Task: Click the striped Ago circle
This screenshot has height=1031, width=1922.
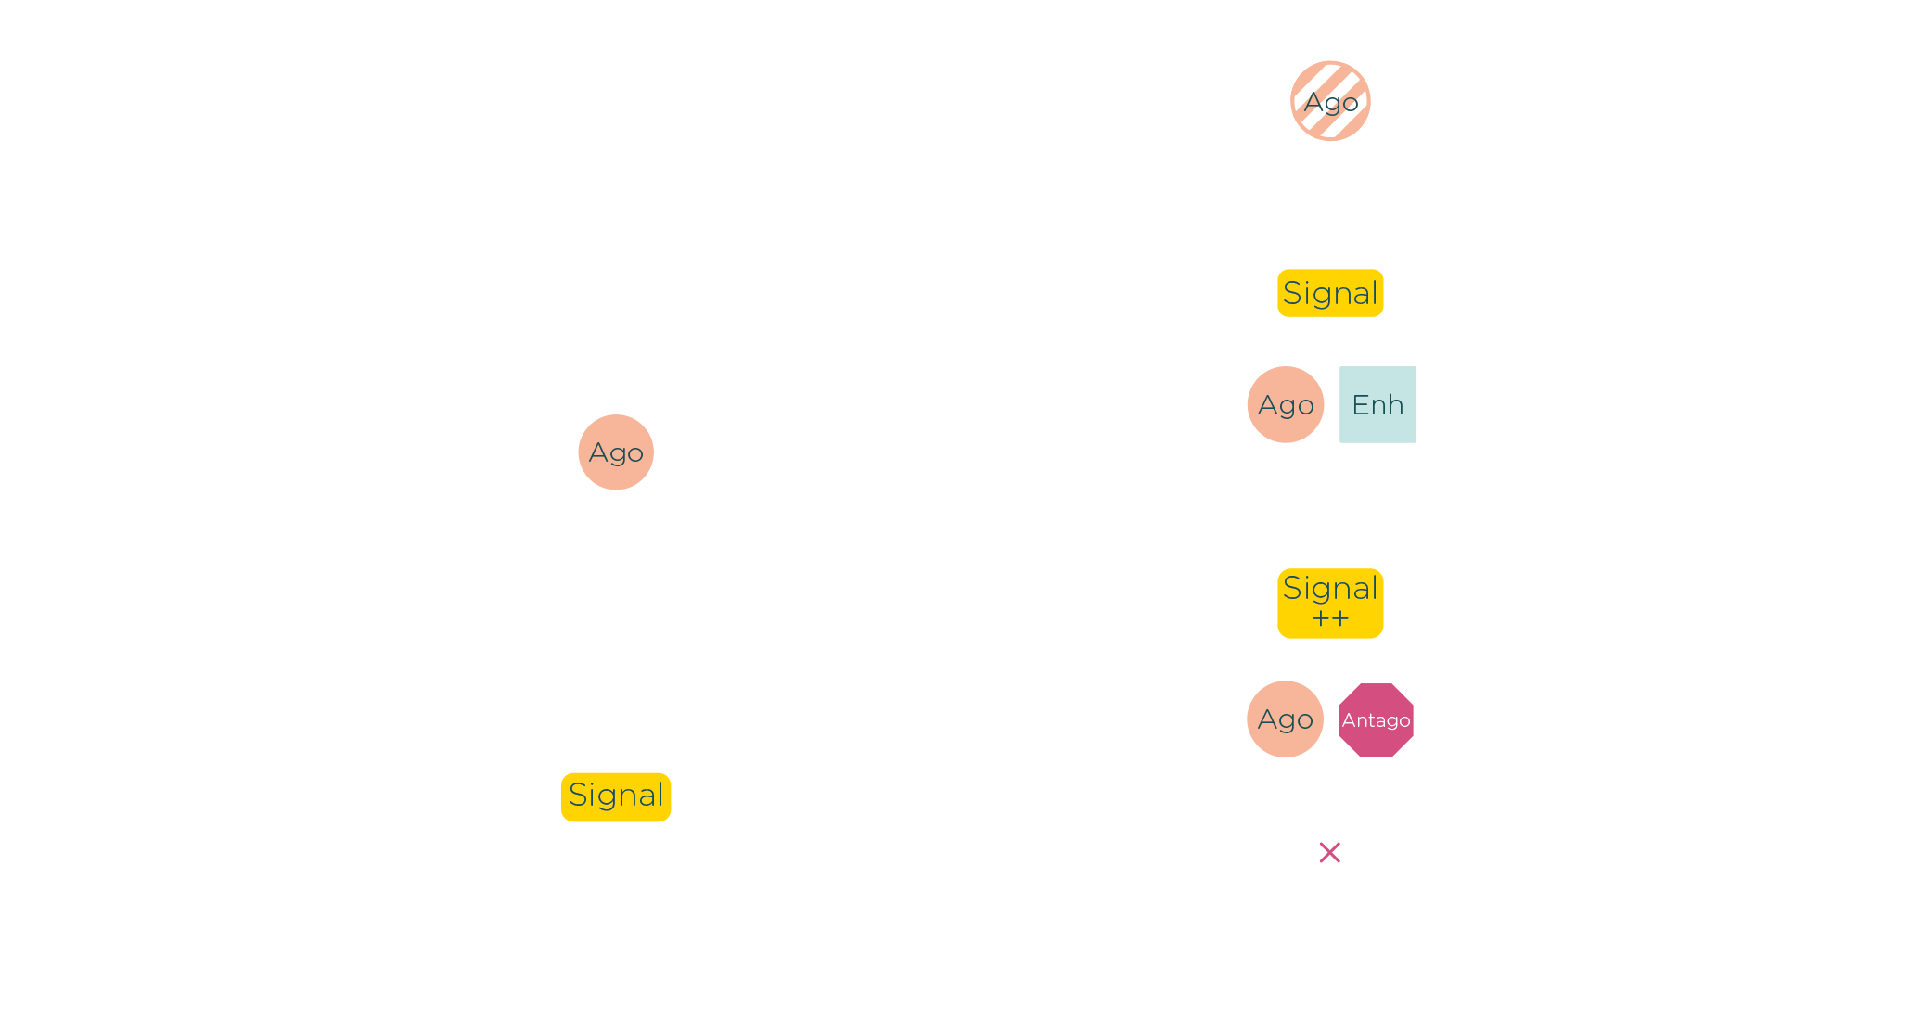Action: click(1330, 101)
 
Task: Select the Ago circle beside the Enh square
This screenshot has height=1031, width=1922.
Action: click(1286, 404)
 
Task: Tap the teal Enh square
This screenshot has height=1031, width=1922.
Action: click(1377, 404)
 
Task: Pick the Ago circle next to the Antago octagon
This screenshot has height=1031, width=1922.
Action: click(1285, 719)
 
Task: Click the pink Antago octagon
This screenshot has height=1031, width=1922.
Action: click(1376, 720)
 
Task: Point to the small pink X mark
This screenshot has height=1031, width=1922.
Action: click(1330, 853)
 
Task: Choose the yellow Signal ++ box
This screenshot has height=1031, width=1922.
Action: click(1330, 604)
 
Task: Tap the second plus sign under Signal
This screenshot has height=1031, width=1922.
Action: click(1340, 619)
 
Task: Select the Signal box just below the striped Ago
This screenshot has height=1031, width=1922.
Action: click(1330, 293)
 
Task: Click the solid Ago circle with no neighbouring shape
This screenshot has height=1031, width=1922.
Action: click(616, 452)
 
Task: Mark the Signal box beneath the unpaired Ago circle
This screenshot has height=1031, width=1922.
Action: click(616, 796)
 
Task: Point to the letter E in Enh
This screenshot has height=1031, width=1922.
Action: click(1360, 404)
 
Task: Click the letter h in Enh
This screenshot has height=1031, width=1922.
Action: click(1395, 404)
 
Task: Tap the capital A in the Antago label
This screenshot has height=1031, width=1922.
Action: click(1348, 720)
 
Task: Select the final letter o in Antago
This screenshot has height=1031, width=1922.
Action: click(1404, 721)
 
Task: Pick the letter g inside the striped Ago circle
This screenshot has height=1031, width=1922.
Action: click(1333, 104)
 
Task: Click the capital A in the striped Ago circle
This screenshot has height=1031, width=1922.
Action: click(1313, 102)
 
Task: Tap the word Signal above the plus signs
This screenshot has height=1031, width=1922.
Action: click(1330, 588)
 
